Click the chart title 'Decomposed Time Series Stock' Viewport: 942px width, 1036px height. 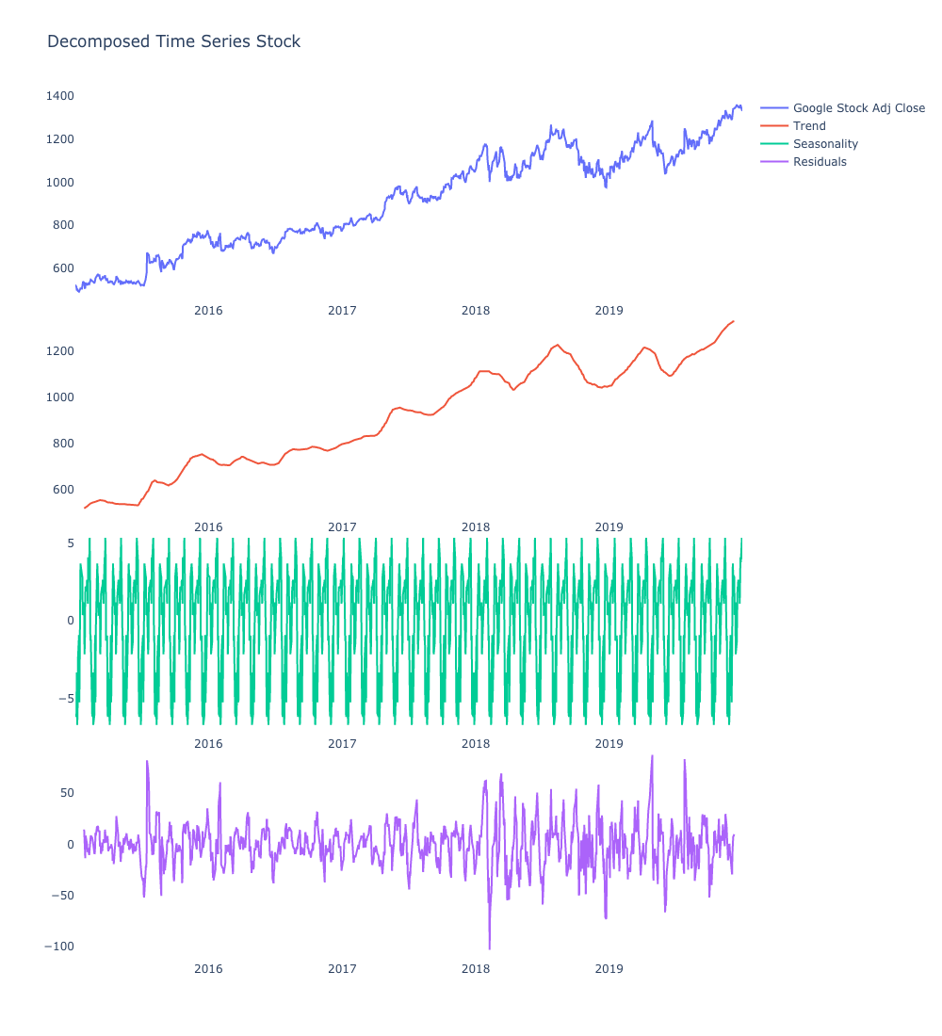[x=173, y=41]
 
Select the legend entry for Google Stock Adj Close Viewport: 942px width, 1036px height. [x=858, y=108]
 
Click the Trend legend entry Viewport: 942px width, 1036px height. [x=809, y=126]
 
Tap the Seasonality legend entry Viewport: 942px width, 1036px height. [x=825, y=144]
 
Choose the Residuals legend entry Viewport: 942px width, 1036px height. [x=820, y=162]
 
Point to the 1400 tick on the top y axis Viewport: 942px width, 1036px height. [x=58, y=96]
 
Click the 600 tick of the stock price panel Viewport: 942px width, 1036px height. [x=62, y=268]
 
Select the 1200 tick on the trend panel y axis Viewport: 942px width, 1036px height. [x=58, y=351]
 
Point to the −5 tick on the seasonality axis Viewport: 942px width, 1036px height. [x=66, y=699]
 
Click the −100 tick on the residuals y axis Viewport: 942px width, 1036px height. [x=58, y=947]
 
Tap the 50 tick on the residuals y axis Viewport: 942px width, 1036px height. [x=66, y=793]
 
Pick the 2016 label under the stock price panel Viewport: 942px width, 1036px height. [x=208, y=310]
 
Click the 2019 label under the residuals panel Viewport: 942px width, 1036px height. [x=609, y=968]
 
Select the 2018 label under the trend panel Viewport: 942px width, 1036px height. [x=476, y=527]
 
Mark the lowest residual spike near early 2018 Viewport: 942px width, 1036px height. [x=489, y=947]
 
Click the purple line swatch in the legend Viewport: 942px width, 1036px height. [x=774, y=162]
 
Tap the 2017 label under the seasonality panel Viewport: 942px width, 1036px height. [x=342, y=743]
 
